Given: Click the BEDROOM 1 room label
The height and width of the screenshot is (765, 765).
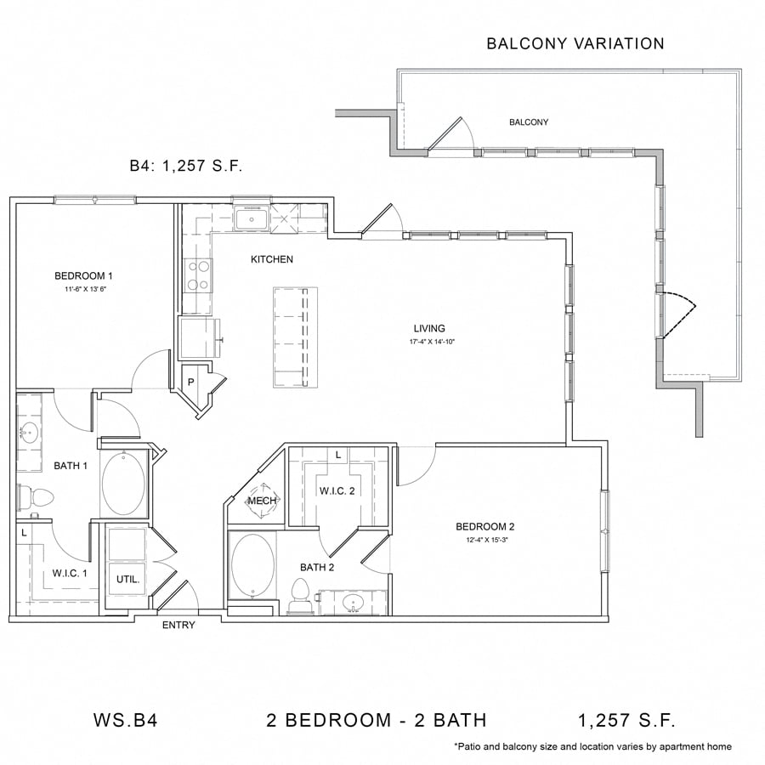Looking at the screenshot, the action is coord(83,275).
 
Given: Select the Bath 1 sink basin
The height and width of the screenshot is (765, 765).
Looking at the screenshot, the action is coord(29,433).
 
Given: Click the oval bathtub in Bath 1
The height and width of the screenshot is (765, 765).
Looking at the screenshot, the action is coord(123,484).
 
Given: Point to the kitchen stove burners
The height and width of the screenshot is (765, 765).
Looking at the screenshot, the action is coord(199,275).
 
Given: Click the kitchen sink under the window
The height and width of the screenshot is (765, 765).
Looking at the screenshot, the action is coord(251,219).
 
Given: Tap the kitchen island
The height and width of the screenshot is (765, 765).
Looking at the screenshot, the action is coord(295,337).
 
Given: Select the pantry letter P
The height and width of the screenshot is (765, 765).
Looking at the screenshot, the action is coord(190,382).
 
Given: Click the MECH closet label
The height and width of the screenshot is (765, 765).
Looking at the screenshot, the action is coord(263,501).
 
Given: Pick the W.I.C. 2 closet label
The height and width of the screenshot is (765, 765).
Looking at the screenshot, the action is coord(337,490).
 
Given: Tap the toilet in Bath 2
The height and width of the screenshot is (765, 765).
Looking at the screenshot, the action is coord(300,595).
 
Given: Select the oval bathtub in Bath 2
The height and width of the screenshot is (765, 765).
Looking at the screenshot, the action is coord(252,565).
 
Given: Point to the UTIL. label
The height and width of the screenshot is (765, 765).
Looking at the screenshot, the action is coord(127,579).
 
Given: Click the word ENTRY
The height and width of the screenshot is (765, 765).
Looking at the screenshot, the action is coord(178,625).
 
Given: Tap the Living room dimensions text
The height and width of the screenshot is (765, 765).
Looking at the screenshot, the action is coord(432,342).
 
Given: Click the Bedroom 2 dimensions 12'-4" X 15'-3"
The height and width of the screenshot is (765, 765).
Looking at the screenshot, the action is coord(487,540).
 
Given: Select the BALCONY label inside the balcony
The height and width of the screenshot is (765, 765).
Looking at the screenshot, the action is coord(529,122).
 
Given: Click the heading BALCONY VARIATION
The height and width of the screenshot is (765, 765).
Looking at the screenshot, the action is coord(575,43).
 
